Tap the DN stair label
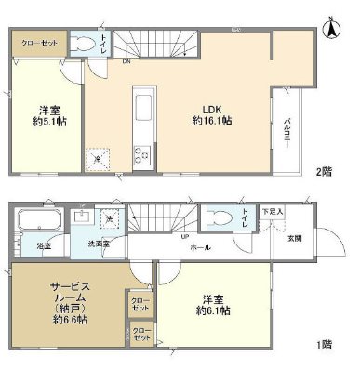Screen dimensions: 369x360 [126, 64]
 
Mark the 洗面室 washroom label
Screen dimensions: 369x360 [100, 244]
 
